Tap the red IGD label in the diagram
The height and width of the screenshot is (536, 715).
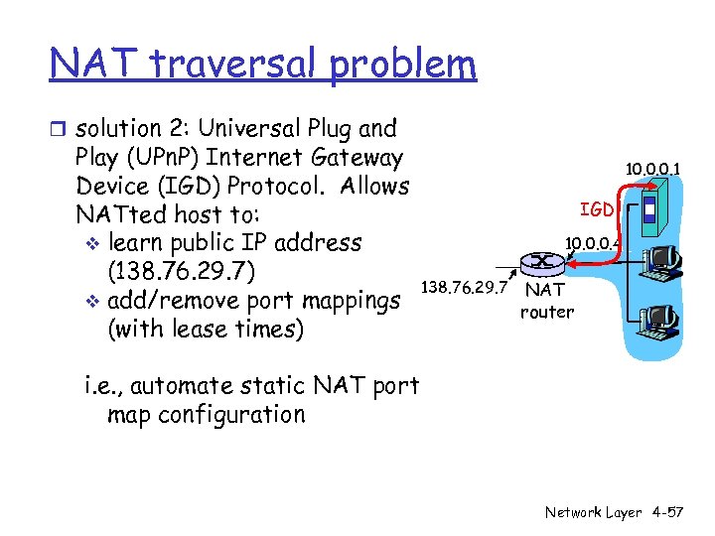[597, 209]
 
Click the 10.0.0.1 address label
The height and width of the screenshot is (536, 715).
[652, 170]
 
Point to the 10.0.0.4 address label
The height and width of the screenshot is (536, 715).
[591, 241]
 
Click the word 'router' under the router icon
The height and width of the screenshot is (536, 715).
[546, 312]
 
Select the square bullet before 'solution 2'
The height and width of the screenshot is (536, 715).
[60, 129]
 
